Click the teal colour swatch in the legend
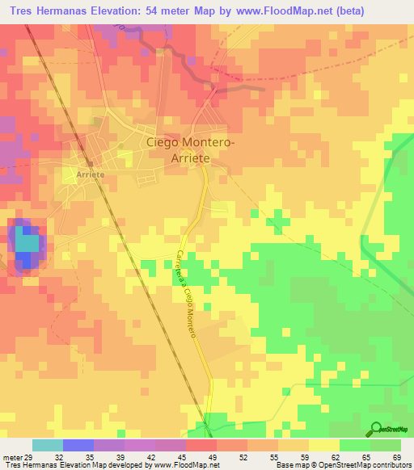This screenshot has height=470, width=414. click(48, 445)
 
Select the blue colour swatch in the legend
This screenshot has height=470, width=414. click(78, 445)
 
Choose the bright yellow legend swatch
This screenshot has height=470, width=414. click(323, 445)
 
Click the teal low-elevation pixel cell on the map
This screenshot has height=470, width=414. click(27, 242)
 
